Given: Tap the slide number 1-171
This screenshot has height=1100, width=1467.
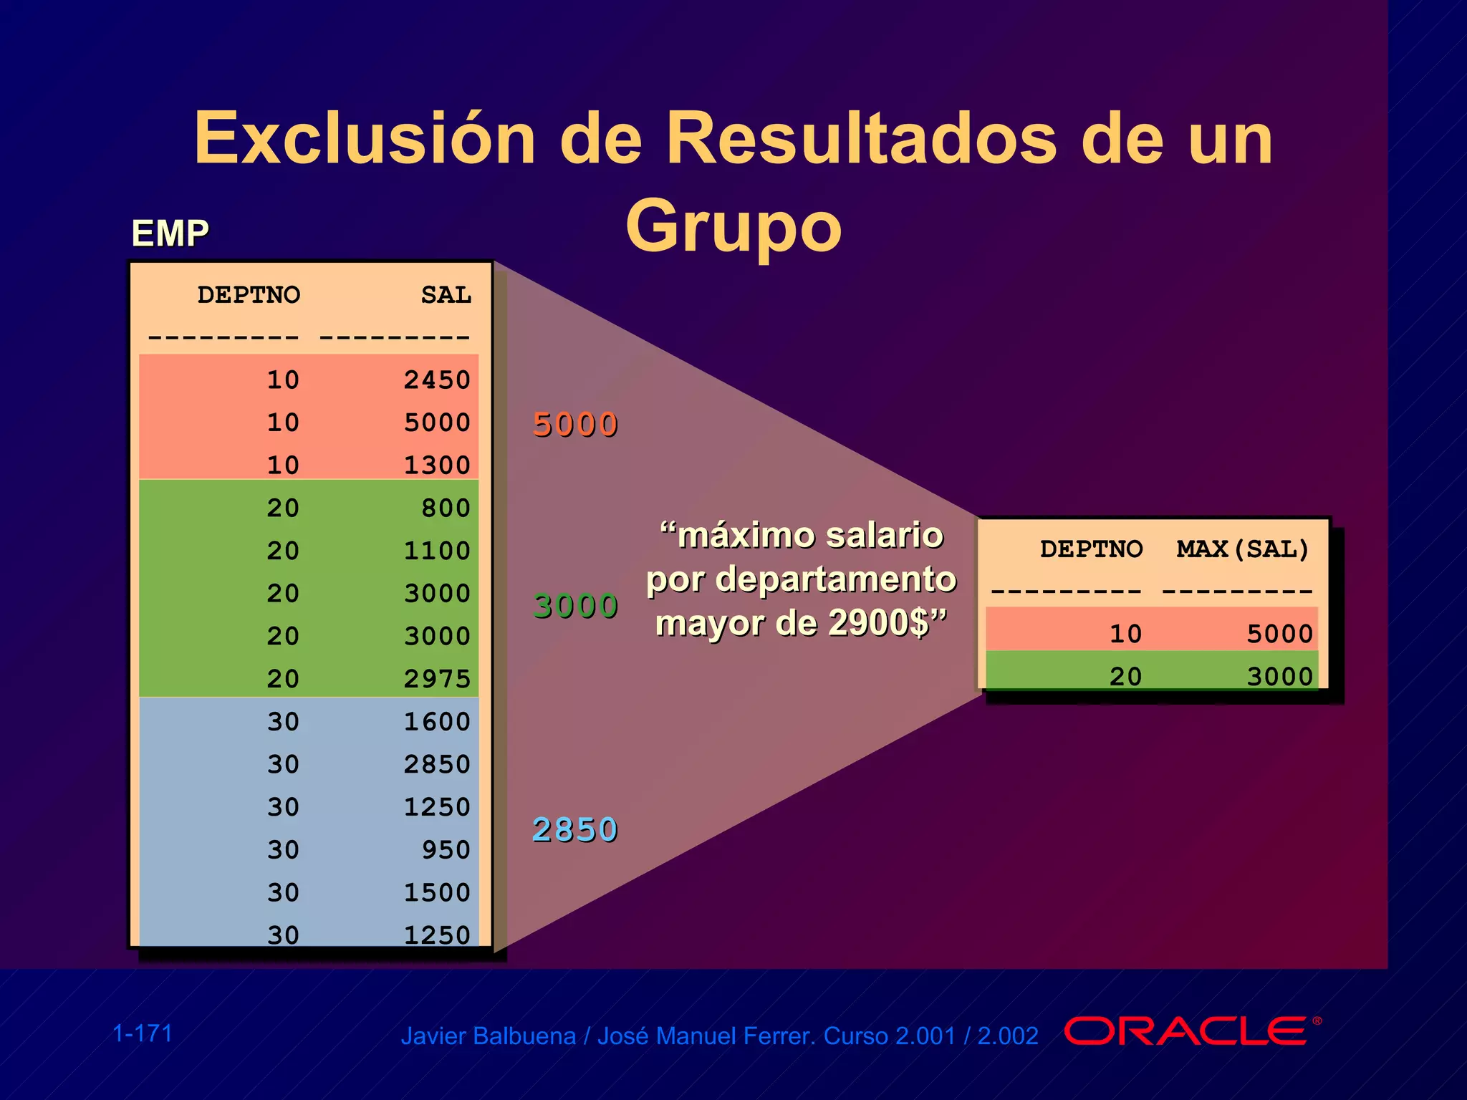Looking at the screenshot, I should [143, 1033].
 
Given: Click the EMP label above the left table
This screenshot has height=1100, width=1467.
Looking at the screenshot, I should [170, 233].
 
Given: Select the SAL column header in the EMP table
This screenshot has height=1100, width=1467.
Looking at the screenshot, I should [446, 295].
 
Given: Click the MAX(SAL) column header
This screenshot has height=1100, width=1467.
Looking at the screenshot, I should [1243, 549].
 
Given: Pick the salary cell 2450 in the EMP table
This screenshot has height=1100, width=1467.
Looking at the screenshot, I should [437, 380].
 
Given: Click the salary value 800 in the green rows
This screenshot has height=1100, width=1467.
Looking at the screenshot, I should [446, 508].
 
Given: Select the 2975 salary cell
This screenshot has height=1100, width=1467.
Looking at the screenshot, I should [437, 678].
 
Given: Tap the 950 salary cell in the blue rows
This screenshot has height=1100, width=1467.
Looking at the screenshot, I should [446, 849].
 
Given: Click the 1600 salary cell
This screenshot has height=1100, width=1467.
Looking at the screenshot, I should [437, 721].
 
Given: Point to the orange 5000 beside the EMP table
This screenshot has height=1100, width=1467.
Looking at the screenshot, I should [575, 425].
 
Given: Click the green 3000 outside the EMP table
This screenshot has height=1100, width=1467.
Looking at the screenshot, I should [575, 606].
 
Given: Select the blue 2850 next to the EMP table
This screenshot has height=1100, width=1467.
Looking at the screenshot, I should [575, 830].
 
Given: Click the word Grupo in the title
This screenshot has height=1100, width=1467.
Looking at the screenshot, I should [733, 226].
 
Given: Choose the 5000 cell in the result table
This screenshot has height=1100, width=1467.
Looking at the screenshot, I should [1279, 634].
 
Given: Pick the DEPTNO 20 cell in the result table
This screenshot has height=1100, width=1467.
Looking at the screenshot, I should [1125, 676].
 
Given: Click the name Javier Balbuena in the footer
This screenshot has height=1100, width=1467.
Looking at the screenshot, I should [488, 1036].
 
